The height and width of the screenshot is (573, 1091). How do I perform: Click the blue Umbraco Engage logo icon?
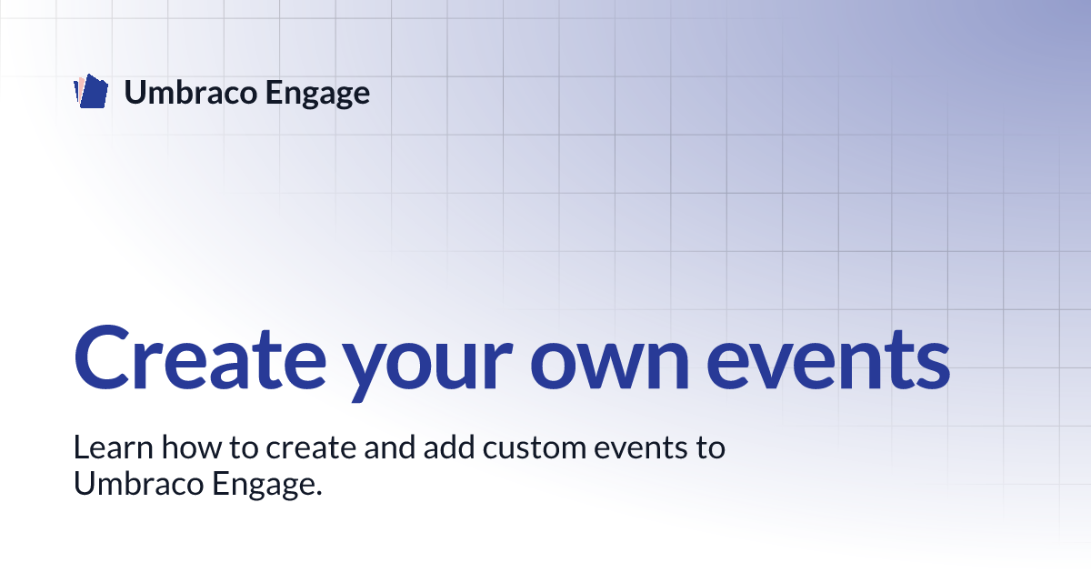pyautogui.click(x=91, y=91)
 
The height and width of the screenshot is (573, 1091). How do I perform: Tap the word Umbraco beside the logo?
pyautogui.click(x=190, y=92)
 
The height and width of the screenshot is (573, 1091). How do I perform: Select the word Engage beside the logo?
pyautogui.click(x=317, y=94)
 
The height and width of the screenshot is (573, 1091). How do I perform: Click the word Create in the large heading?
pyautogui.click(x=200, y=358)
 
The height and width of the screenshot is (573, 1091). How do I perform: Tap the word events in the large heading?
pyautogui.click(x=828, y=360)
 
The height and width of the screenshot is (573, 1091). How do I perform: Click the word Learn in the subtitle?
pyautogui.click(x=114, y=447)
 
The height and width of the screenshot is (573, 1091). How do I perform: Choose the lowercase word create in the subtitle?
pyautogui.click(x=311, y=448)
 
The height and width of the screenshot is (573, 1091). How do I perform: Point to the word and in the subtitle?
pyautogui.click(x=390, y=447)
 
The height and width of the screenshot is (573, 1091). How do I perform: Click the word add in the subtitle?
pyautogui.click(x=449, y=447)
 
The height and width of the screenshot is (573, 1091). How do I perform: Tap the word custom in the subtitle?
pyautogui.click(x=535, y=448)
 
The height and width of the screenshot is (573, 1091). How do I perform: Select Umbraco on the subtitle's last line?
pyautogui.click(x=138, y=483)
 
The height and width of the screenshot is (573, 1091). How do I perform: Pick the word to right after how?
pyautogui.click(x=244, y=448)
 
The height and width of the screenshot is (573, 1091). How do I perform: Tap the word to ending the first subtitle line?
pyautogui.click(x=710, y=448)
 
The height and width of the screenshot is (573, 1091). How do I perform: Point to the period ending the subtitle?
pyautogui.click(x=318, y=493)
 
